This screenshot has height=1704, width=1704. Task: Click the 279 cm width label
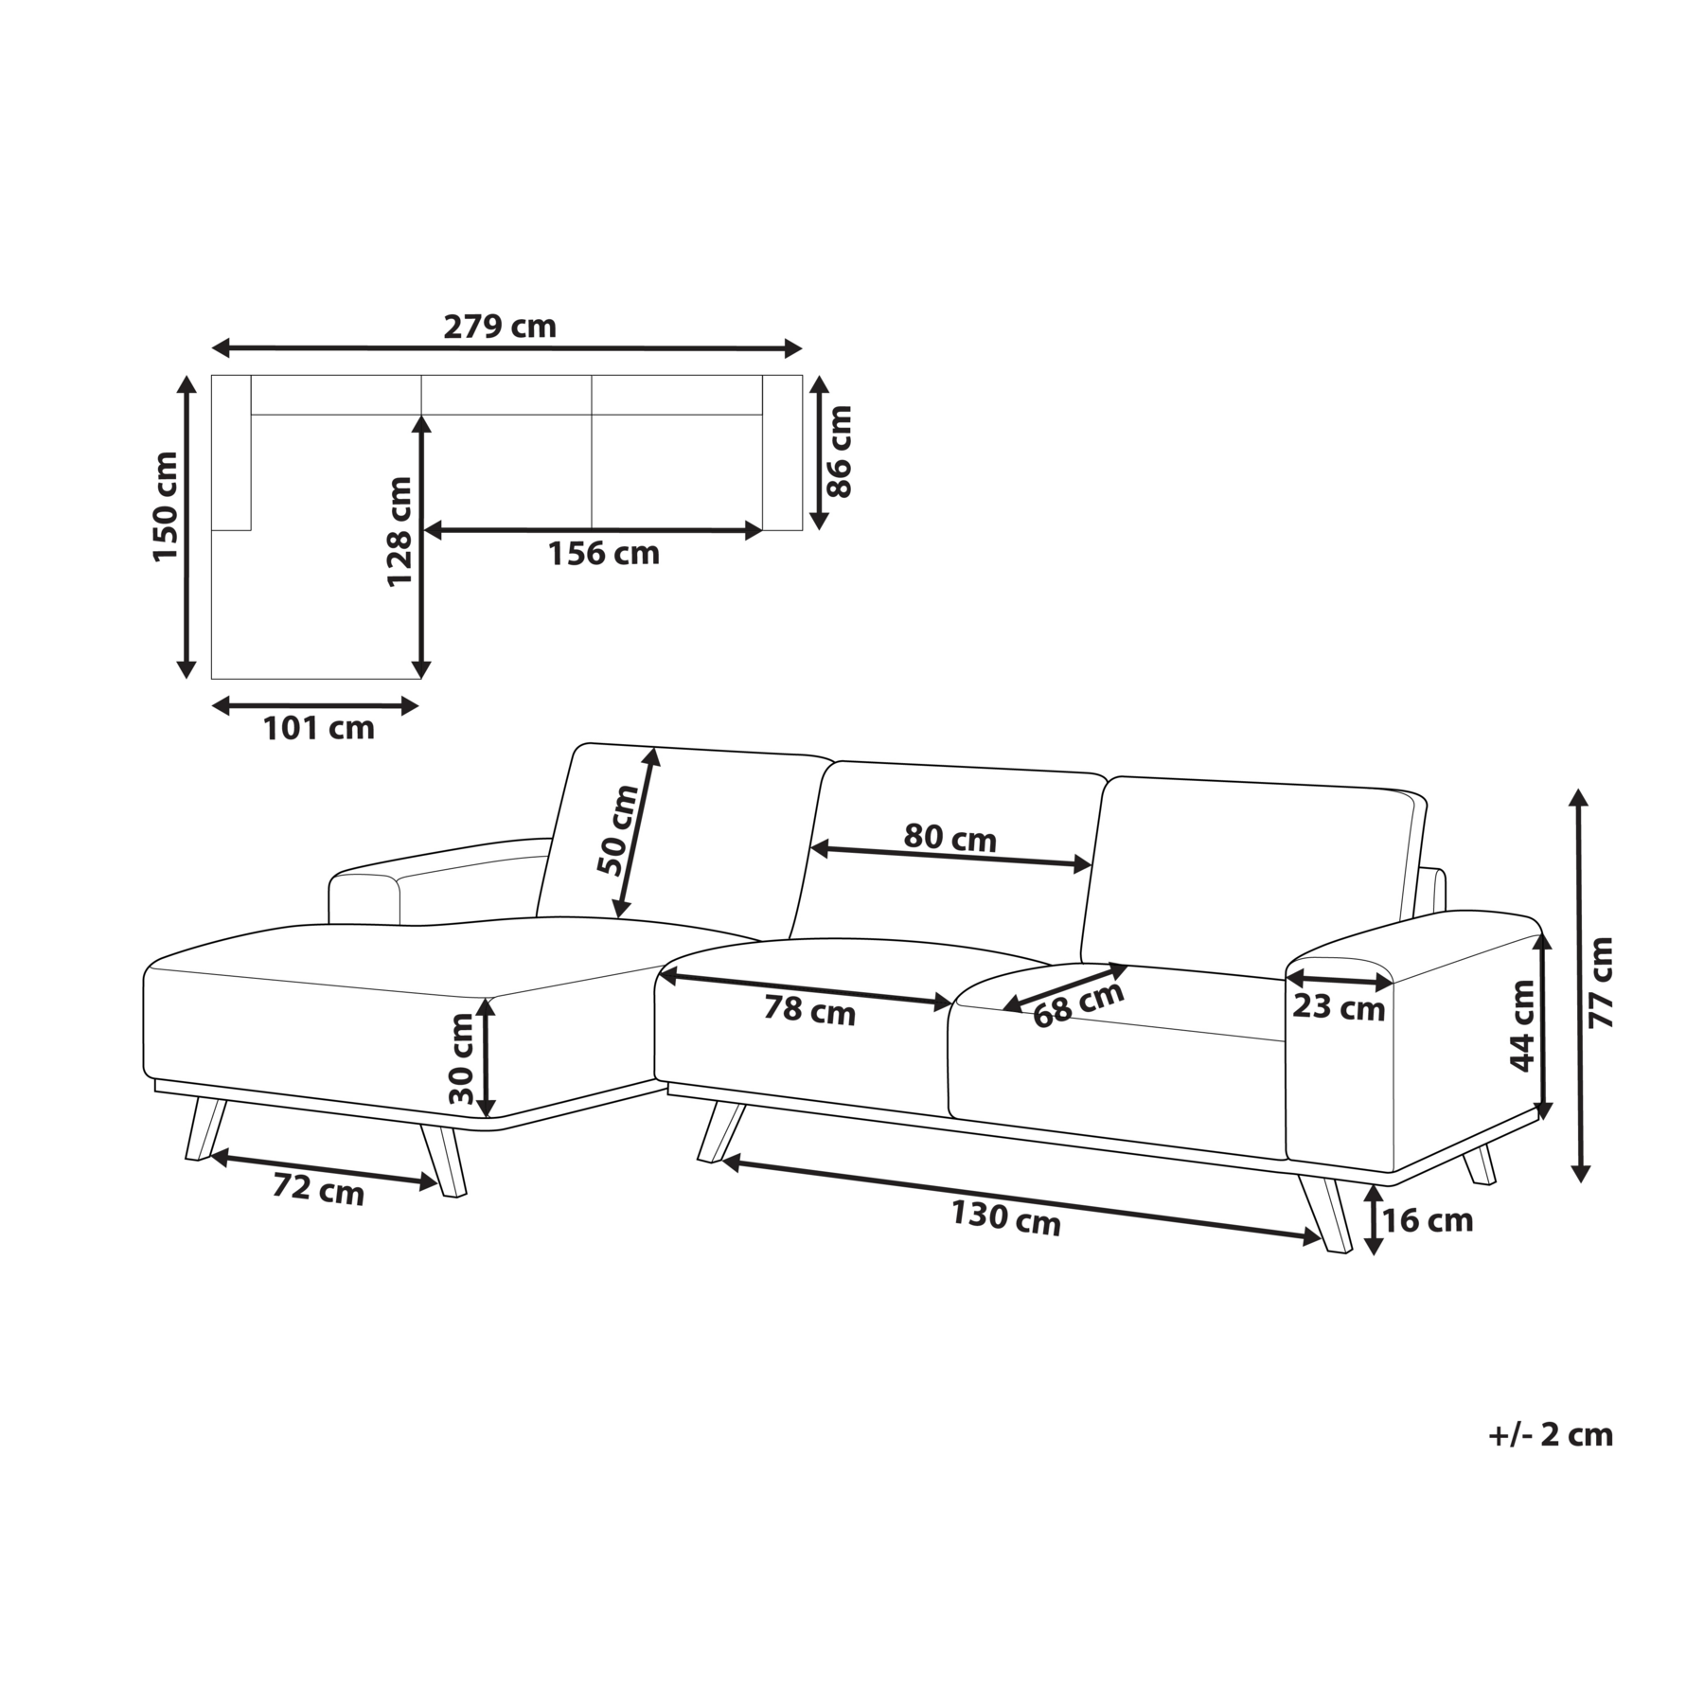point(500,327)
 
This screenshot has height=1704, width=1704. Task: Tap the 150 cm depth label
point(166,506)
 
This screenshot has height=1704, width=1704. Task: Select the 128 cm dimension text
point(399,532)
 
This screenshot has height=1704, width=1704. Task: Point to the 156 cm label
point(603,553)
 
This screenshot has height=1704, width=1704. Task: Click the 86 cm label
point(840,452)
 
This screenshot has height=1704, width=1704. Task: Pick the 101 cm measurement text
point(318,728)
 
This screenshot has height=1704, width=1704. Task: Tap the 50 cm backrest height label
point(620,830)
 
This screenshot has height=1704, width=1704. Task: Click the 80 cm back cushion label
point(950,838)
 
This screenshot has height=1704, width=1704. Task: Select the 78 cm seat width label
point(809,1011)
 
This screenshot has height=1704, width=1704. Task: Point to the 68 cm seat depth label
point(1078,1003)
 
